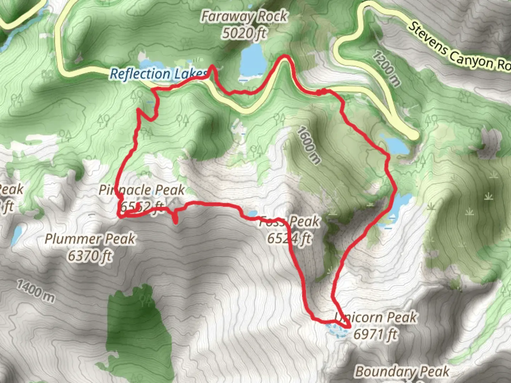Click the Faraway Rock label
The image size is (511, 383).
pos(244,16)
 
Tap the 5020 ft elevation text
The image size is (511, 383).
pos(244,33)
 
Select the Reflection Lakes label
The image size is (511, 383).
pos(158,74)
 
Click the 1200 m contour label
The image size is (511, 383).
pos(386,68)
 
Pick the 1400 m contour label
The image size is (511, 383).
pos(36,291)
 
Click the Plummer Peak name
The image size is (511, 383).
pos(90,239)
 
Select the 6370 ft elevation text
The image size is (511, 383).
pos(90,255)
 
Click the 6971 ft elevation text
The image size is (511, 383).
pos(375,334)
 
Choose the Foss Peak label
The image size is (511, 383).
pos(290,222)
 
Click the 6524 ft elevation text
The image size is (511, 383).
pos(290,238)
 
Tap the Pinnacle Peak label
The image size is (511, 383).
pos(142,190)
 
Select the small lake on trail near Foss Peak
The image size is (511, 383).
pos(253,213)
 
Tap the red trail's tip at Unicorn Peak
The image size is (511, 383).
pos(349,327)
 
